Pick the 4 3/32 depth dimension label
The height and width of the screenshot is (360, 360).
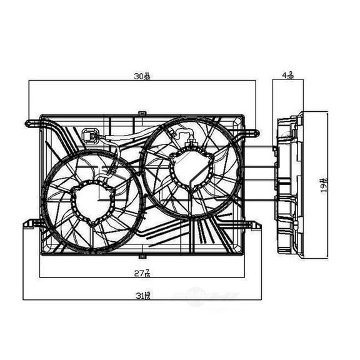point(287,76)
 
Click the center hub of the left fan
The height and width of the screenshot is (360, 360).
point(94,204)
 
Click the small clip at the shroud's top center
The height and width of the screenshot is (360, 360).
point(142,113)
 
